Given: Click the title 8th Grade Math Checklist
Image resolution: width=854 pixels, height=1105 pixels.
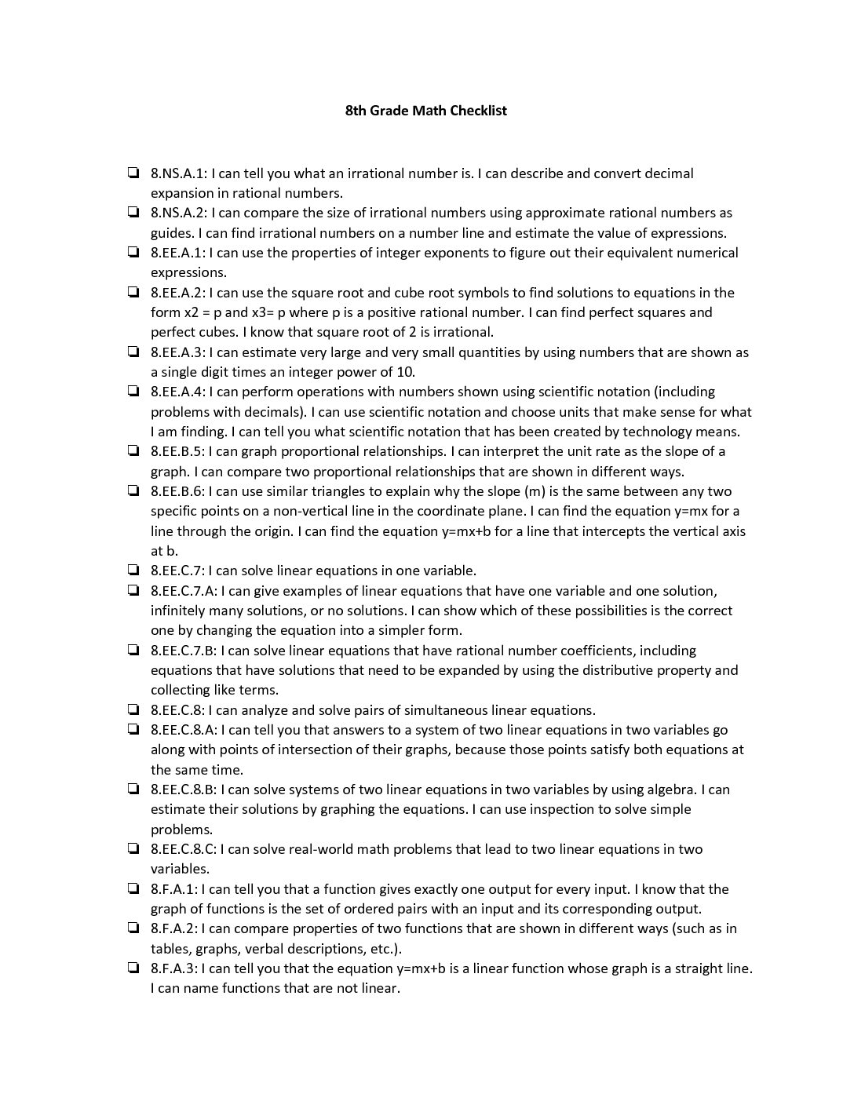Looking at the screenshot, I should point(426,111).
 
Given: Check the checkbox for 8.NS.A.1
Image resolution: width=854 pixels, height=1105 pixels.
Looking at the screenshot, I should point(134,173).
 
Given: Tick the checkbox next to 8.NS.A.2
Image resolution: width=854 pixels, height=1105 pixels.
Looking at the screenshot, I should point(134,213).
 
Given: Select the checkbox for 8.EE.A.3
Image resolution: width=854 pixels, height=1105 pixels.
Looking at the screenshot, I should point(134,352).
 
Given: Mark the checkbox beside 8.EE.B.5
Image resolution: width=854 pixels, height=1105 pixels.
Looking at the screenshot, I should point(134,451).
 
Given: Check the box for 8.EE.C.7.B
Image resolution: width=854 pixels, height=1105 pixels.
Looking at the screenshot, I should point(134,651).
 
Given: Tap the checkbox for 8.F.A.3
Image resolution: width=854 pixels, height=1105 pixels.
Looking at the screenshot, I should point(134,968).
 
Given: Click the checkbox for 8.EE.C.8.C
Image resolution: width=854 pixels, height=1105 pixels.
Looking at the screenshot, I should point(134,849).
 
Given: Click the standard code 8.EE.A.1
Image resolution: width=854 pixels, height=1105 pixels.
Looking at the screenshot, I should point(177,253).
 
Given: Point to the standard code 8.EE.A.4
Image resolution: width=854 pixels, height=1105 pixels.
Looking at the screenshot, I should point(177,392).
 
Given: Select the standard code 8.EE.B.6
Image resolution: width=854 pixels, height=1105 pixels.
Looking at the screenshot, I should point(177,491).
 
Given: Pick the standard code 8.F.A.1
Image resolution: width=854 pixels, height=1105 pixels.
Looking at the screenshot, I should point(174,889).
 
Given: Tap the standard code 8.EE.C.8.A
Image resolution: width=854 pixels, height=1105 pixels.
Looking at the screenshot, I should point(184,730).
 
